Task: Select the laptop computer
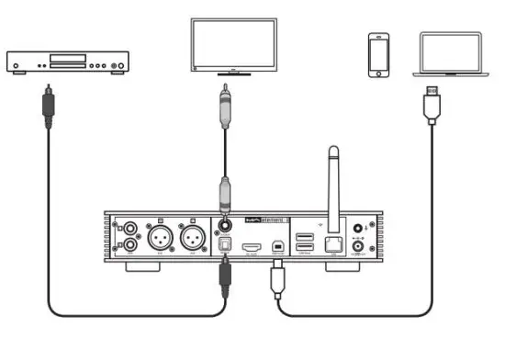pos(450,55)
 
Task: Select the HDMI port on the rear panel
pos(252,247)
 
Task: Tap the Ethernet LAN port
pos(336,242)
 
